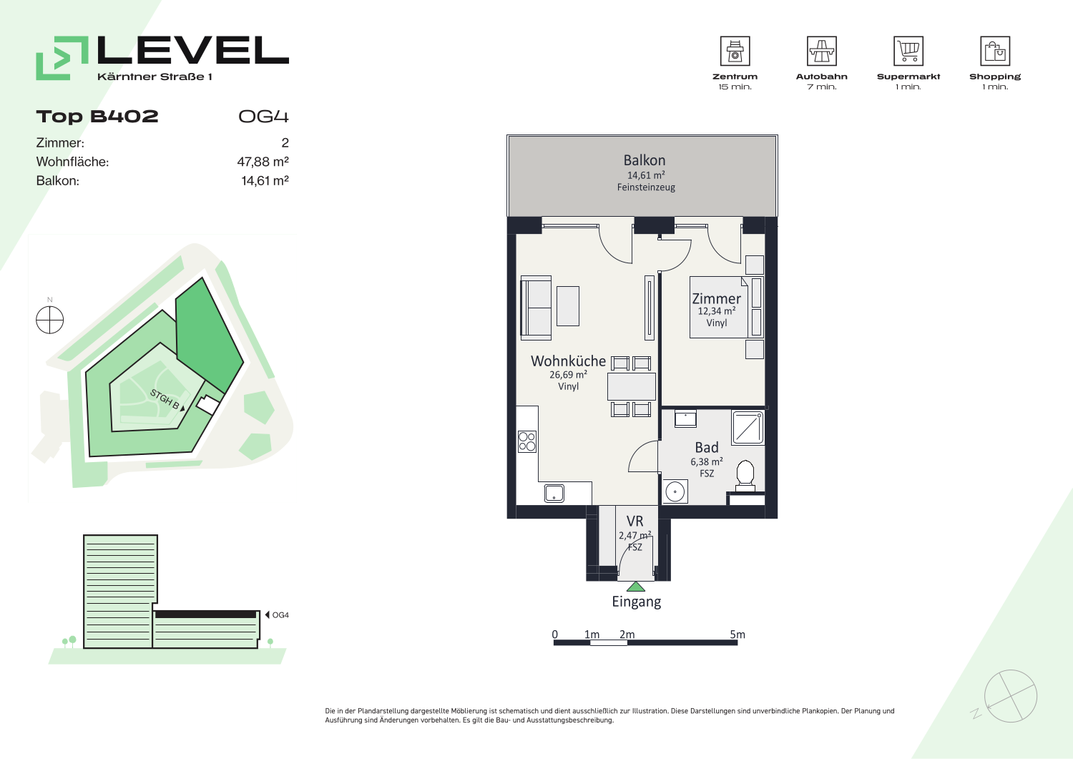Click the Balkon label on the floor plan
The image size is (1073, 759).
click(645, 160)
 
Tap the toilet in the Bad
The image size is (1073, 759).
click(745, 476)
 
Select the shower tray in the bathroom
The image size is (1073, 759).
click(748, 427)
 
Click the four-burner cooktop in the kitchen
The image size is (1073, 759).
click(527, 442)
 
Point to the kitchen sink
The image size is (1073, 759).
click(554, 493)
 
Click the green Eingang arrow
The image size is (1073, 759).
click(636, 587)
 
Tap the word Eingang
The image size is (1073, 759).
click(636, 602)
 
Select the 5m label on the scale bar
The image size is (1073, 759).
click(738, 635)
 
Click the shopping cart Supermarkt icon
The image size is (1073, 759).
click(908, 51)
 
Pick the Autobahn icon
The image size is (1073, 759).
click(821, 51)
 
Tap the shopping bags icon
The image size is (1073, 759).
click(995, 51)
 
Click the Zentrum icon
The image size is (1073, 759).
click(735, 51)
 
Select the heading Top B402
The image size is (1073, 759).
click(97, 117)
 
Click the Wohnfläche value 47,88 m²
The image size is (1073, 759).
click(263, 162)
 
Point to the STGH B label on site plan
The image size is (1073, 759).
click(165, 399)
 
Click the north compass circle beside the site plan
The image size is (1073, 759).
click(50, 320)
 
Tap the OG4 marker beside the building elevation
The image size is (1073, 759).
click(278, 614)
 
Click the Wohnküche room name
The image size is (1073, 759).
click(568, 361)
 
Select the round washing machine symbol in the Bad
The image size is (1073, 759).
click(675, 491)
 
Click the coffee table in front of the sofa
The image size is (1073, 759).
click(568, 305)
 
